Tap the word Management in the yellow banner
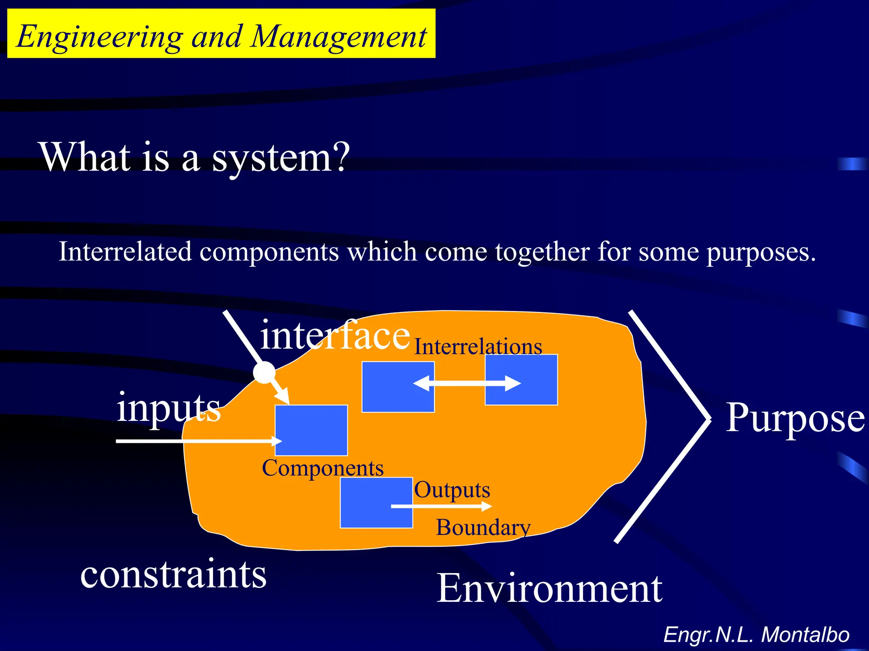(x=338, y=37)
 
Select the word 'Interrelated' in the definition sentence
(x=125, y=252)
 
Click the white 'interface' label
(x=335, y=336)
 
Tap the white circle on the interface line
(x=264, y=373)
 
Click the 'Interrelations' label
(x=478, y=347)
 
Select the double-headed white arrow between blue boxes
(x=467, y=384)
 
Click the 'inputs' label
(x=168, y=408)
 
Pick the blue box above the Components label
(x=311, y=430)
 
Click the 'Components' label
(x=322, y=468)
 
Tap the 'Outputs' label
(x=452, y=490)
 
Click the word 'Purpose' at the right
(x=795, y=418)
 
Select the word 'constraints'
(x=173, y=574)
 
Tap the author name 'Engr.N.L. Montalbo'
(x=756, y=634)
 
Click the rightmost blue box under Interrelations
(x=521, y=380)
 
